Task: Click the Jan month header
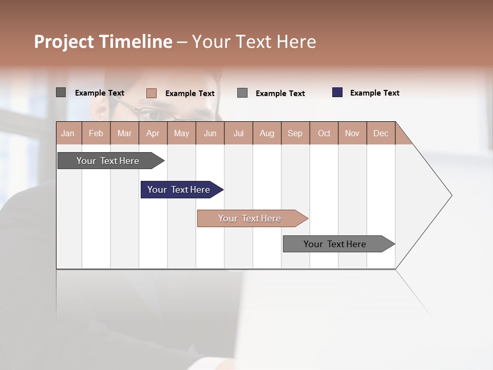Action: click(68, 133)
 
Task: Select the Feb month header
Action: click(96, 133)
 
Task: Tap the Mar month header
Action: click(124, 133)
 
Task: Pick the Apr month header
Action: click(153, 133)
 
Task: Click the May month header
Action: click(181, 133)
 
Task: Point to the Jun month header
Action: click(210, 133)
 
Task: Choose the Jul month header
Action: click(238, 133)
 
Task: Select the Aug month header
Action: click(267, 133)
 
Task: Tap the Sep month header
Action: click(295, 133)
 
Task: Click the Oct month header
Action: click(324, 133)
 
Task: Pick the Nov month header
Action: click(352, 133)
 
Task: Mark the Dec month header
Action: click(381, 133)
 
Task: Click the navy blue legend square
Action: click(337, 92)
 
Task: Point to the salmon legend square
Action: click(151, 93)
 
